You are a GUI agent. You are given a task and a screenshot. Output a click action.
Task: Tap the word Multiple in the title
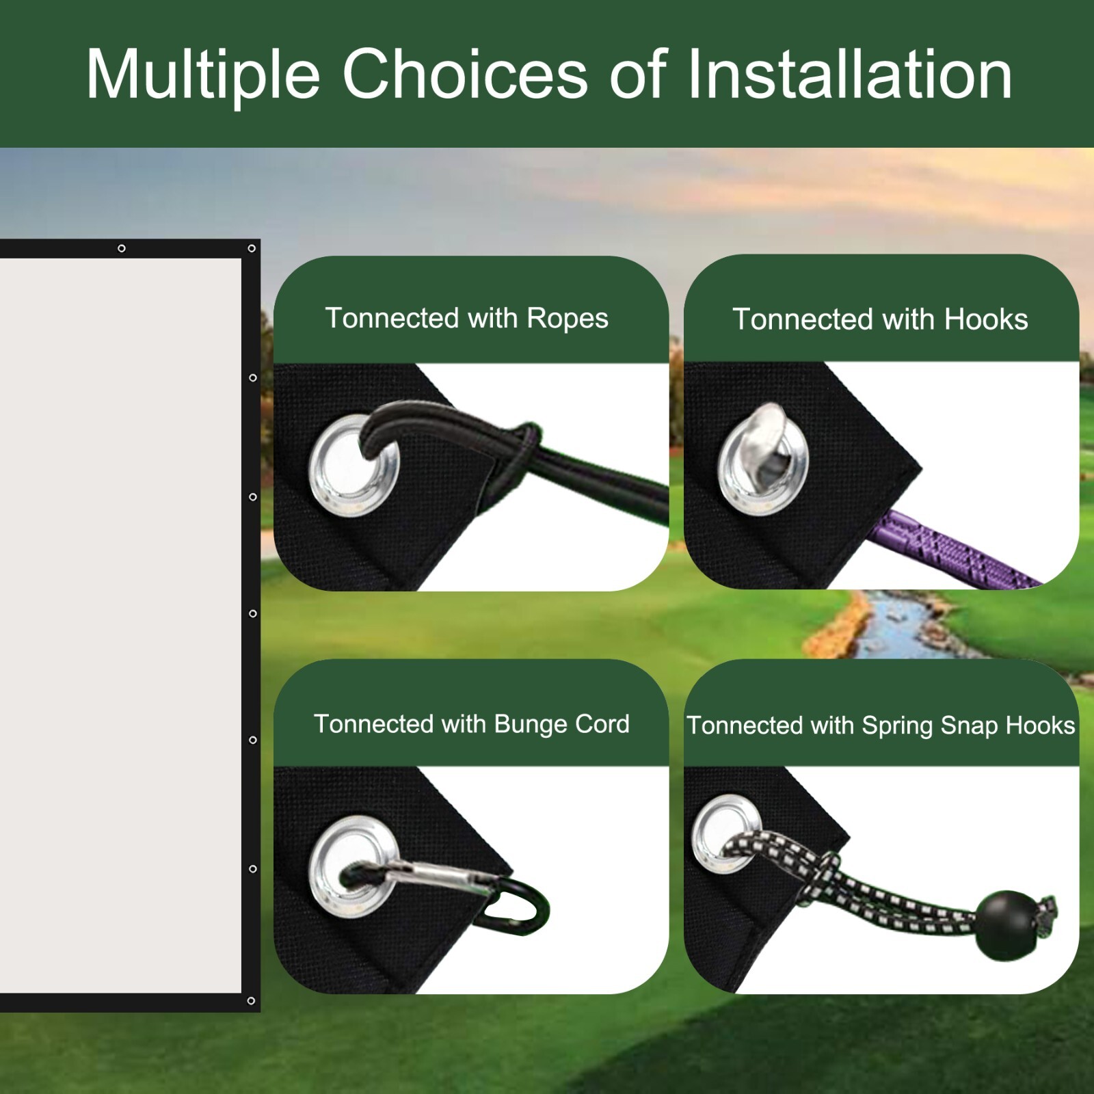(202, 75)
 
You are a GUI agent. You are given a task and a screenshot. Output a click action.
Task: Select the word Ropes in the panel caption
(567, 319)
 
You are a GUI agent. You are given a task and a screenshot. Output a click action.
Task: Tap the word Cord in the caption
(602, 724)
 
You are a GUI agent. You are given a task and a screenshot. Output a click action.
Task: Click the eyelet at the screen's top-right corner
(252, 248)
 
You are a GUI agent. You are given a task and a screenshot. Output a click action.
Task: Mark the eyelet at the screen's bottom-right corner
(251, 1001)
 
